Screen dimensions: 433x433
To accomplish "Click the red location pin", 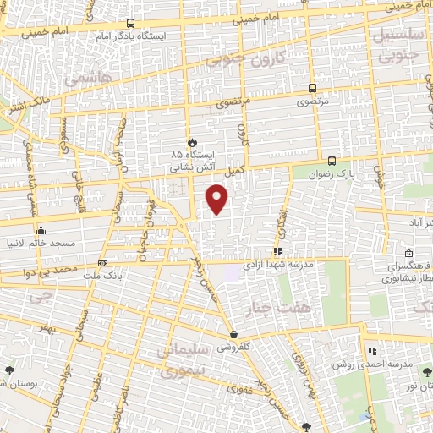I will tap(217, 198).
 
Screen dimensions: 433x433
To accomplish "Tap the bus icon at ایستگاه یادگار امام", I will tap(129, 24).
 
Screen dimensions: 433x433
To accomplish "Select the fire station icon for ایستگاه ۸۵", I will tap(192, 142).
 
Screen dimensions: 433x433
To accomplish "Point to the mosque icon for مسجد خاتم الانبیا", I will tap(40, 229).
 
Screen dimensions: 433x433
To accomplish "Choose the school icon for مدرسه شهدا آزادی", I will tap(277, 251).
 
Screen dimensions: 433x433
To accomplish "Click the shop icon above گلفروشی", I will tap(233, 334).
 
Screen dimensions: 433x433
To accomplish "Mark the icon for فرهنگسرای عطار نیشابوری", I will tap(409, 254).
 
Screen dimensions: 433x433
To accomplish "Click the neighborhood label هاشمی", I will tap(81, 78).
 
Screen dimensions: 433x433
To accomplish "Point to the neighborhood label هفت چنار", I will tap(273, 307).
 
